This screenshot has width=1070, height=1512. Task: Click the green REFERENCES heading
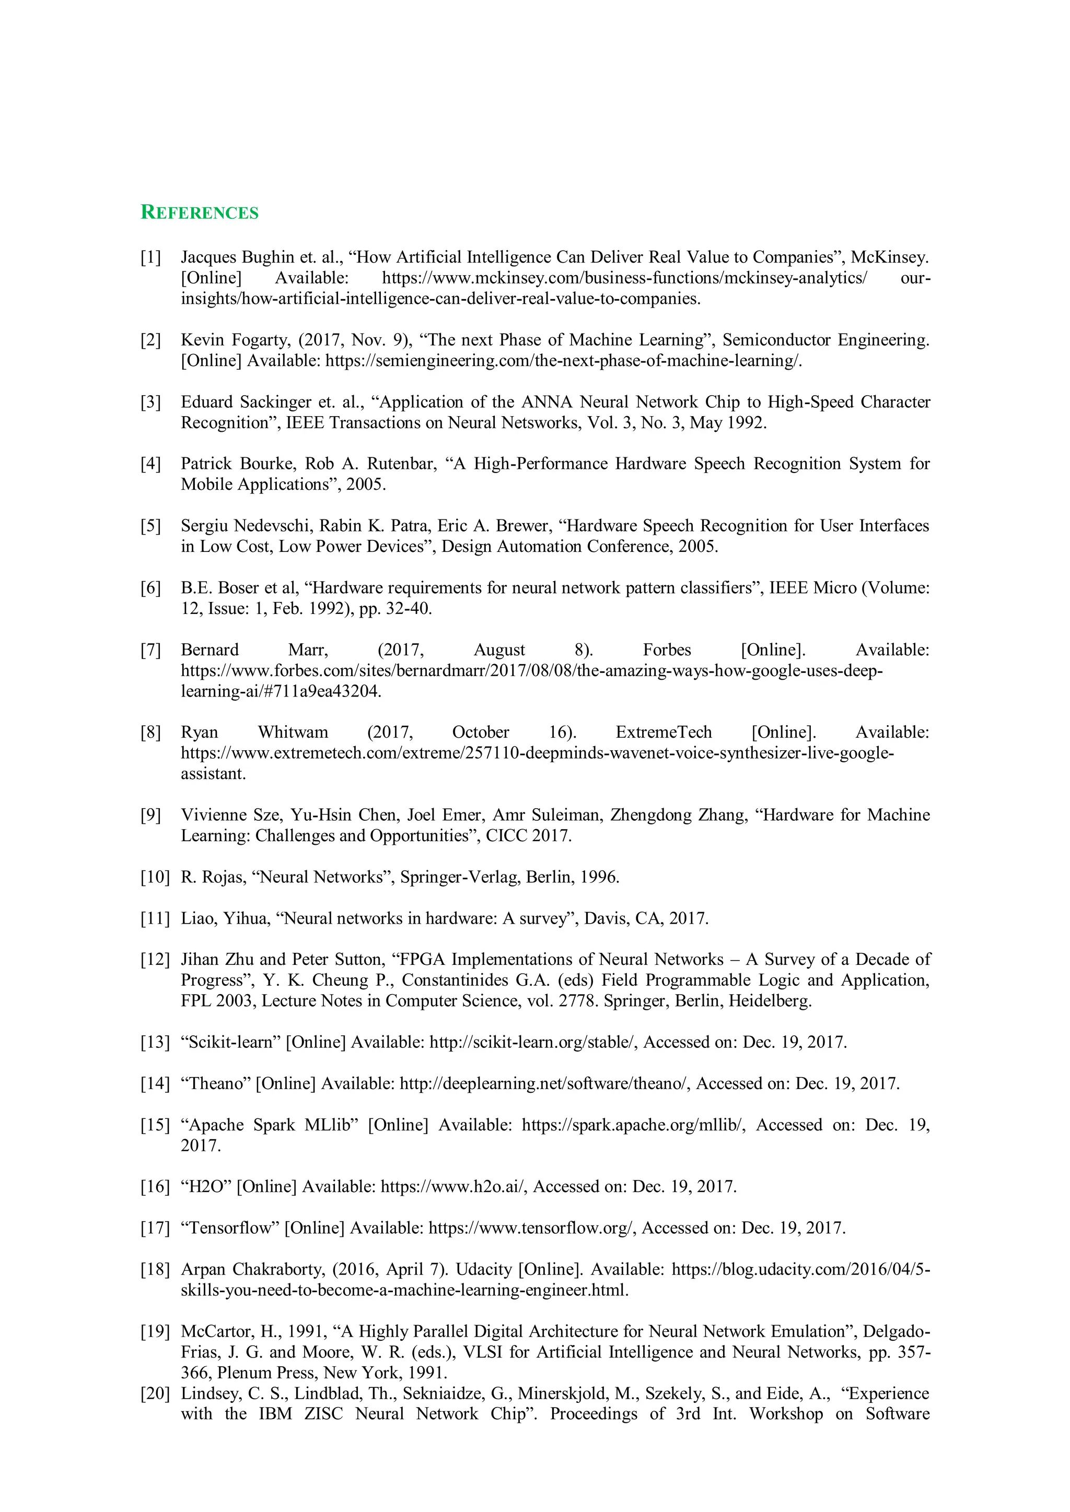(x=200, y=212)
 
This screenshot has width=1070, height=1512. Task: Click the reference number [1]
(x=151, y=257)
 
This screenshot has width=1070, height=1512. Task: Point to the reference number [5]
(x=151, y=526)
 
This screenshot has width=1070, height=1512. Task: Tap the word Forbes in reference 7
(x=667, y=650)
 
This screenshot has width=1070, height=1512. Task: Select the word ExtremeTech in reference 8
(x=664, y=733)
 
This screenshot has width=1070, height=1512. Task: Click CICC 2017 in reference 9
(x=528, y=836)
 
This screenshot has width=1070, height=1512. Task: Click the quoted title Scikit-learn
(x=230, y=1043)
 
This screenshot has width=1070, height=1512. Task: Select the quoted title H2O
(x=206, y=1187)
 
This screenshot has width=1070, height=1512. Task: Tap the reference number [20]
(x=155, y=1393)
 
